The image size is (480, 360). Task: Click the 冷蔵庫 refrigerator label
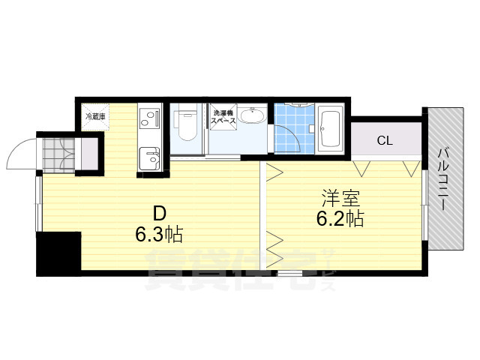pos(94,117)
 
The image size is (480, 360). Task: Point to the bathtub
pos(330,130)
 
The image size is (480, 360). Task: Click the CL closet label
pos(384,139)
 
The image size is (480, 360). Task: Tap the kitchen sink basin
pos(151,159)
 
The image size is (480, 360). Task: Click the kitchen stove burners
pos(149,118)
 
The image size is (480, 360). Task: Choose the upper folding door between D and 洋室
pos(272,174)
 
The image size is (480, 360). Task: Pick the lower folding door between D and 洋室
pos(272,244)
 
